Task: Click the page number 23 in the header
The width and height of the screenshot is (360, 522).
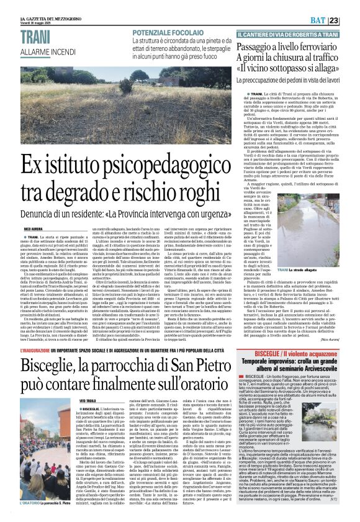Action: pyautogui.click(x=351, y=20)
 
